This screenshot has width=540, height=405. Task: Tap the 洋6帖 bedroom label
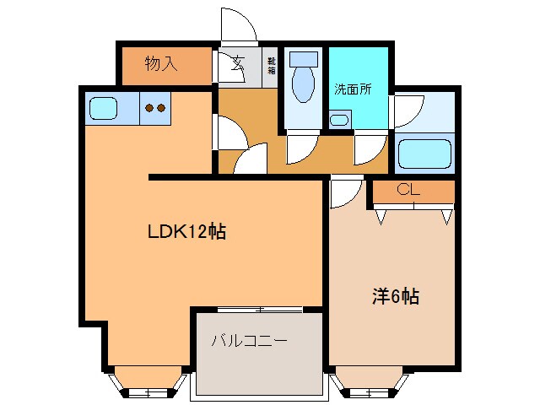pyautogui.click(x=396, y=296)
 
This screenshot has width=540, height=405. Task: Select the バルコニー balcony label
pyautogui.click(x=249, y=341)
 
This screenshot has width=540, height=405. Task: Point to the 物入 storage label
pyautogui.click(x=160, y=64)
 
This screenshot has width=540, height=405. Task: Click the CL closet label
pyautogui.click(x=408, y=190)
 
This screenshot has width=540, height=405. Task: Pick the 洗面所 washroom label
pyautogui.click(x=353, y=88)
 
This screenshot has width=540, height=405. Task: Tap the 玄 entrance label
pyautogui.click(x=238, y=61)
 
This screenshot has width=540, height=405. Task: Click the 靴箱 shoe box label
pyautogui.click(x=272, y=65)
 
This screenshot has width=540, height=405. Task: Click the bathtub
pyautogui.click(x=425, y=154)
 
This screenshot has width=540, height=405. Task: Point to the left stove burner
pyautogui.click(x=149, y=108)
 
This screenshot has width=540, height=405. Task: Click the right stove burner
pyautogui.click(x=160, y=108)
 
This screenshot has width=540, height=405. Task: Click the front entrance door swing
pyautogui.click(x=237, y=24)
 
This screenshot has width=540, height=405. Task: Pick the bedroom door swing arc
pyautogui.click(x=343, y=192)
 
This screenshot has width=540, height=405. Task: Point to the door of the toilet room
pyautogui.click(x=300, y=148)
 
